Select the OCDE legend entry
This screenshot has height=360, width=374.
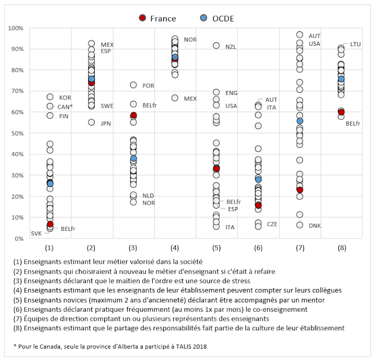[x=216, y=18]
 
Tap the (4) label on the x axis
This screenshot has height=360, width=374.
[x=175, y=247]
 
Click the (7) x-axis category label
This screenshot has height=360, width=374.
[x=300, y=247]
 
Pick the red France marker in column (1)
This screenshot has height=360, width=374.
[x=50, y=224]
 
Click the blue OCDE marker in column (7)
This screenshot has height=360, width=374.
[x=300, y=121]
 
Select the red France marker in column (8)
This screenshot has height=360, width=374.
[x=341, y=112]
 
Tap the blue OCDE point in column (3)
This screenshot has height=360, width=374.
[x=133, y=158]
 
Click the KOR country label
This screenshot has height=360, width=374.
[x=65, y=97]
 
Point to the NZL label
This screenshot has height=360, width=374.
[x=231, y=47]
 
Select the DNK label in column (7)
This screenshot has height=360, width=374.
[x=314, y=226]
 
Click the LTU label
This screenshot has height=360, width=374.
[x=355, y=44]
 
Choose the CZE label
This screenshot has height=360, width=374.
[x=272, y=224]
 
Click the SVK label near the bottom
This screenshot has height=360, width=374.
[x=36, y=233]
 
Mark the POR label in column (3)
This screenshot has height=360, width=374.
[x=148, y=86]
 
